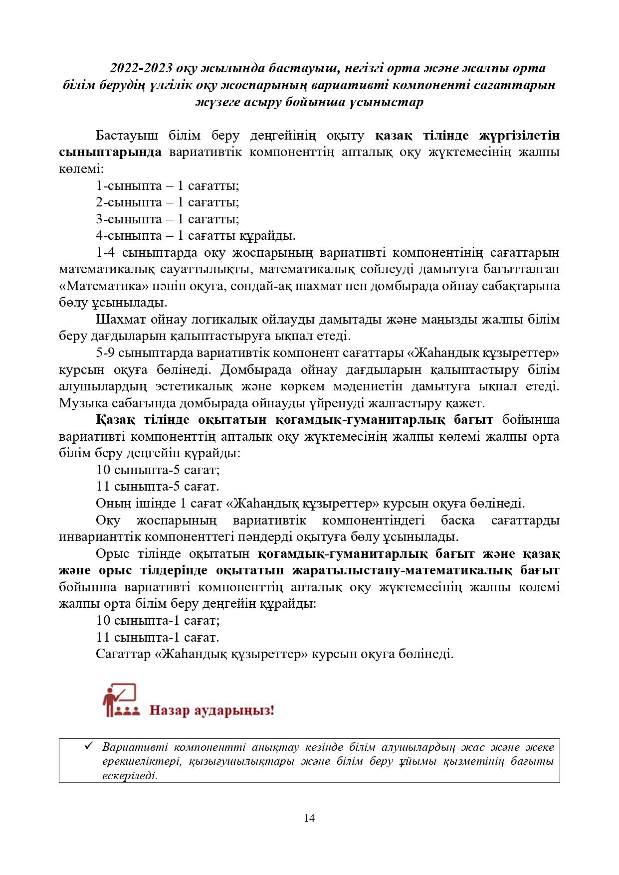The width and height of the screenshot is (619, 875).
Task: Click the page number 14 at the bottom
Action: [309, 818]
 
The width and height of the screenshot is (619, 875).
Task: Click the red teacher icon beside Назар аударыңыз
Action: [119, 700]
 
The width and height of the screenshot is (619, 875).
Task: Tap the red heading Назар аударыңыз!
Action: [212, 709]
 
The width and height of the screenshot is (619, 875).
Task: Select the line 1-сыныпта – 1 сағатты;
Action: [168, 186]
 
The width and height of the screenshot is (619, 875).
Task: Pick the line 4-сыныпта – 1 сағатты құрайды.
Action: [196, 236]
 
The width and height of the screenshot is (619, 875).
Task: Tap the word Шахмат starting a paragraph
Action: [118, 320]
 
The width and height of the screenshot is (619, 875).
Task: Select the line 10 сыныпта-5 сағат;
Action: [158, 470]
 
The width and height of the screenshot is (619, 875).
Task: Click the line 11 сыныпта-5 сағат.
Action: [158, 487]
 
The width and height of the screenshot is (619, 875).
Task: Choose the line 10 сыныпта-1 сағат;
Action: [158, 621]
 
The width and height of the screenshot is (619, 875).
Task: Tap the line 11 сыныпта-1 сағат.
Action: [158, 637]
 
